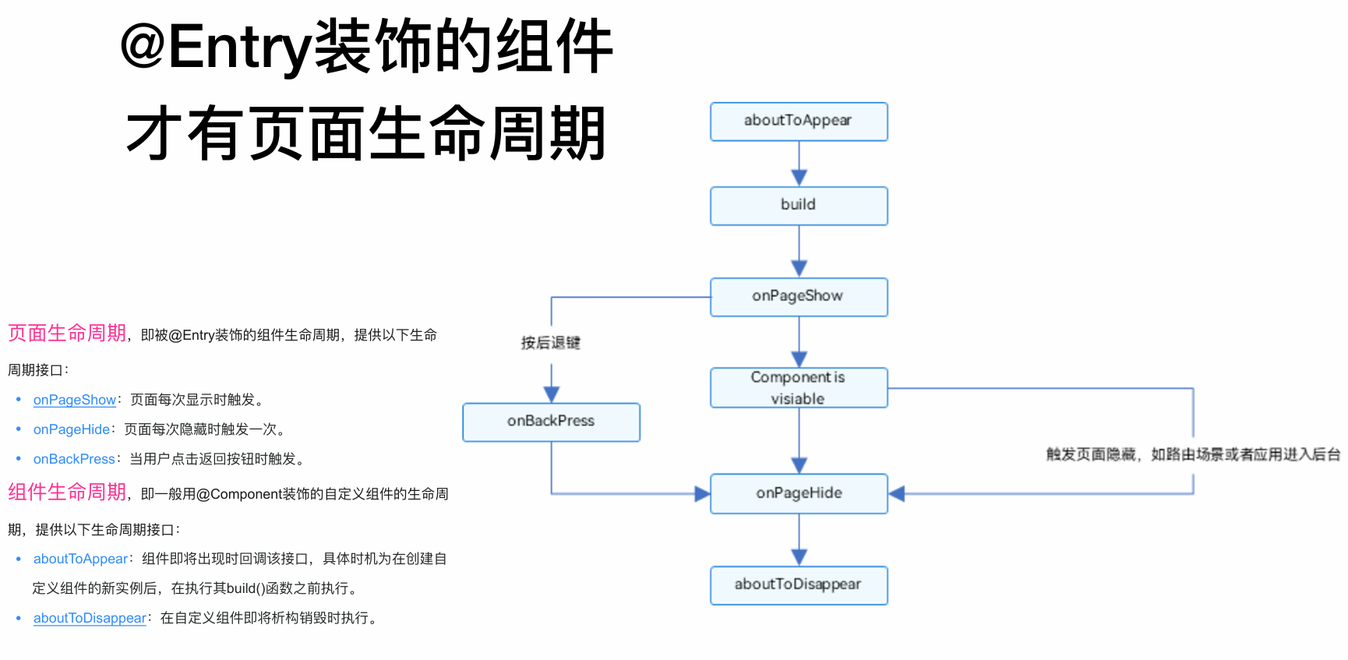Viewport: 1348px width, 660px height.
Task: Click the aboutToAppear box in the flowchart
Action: (x=799, y=122)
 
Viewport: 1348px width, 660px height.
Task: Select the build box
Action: (x=799, y=206)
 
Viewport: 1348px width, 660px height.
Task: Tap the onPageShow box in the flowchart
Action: (x=799, y=297)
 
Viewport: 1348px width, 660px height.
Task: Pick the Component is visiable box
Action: (x=799, y=388)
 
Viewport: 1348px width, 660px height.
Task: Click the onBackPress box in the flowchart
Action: (x=551, y=422)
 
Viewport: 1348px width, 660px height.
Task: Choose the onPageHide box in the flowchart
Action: (x=799, y=493)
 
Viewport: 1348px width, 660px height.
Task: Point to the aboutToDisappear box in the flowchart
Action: (x=799, y=585)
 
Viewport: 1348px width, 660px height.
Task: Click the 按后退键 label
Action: (x=551, y=343)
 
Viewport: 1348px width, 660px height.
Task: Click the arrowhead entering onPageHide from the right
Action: (x=897, y=493)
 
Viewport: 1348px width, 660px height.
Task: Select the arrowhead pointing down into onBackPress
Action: (x=552, y=394)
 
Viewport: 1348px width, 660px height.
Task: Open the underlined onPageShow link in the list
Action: (x=74, y=400)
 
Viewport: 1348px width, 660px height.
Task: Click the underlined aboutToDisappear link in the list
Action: (x=90, y=618)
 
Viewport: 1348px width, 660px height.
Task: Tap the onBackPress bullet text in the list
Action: (x=74, y=459)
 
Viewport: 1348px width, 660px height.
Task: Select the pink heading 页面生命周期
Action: (x=67, y=334)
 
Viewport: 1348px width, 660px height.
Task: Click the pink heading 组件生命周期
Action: (x=67, y=492)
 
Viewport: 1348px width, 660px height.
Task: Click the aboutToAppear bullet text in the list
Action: (x=80, y=559)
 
